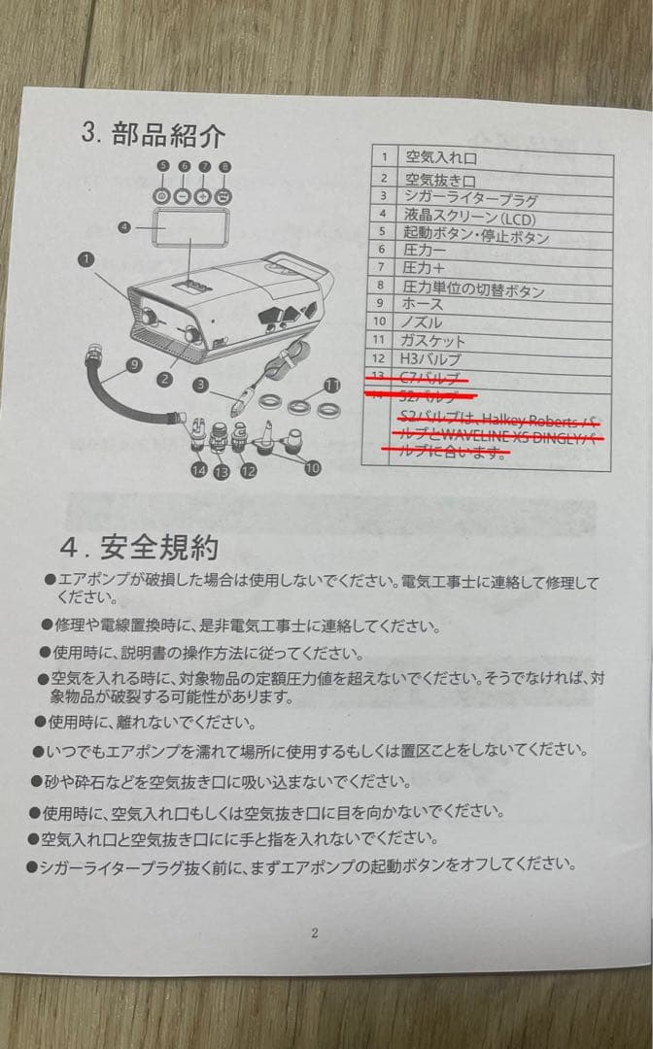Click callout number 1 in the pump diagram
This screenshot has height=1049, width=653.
(86, 259)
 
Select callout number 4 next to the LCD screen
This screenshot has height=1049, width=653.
(124, 227)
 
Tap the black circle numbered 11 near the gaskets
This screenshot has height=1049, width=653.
(331, 384)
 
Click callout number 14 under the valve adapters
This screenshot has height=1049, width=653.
(199, 470)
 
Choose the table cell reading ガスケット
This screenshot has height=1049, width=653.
(433, 341)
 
